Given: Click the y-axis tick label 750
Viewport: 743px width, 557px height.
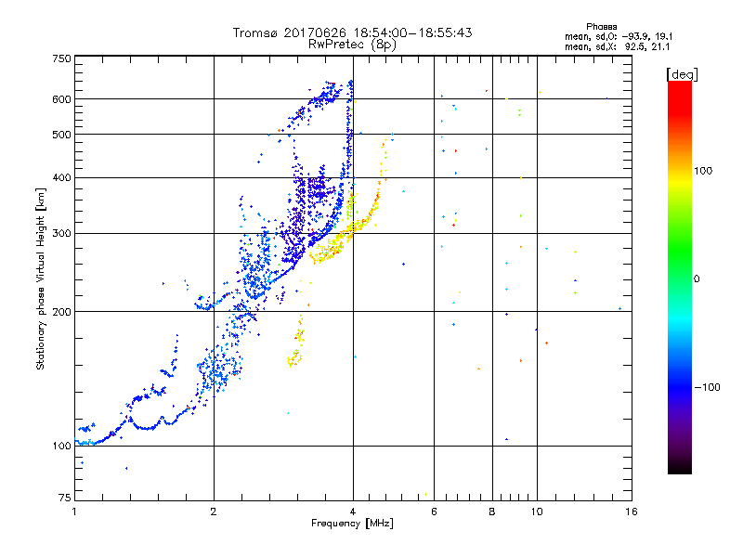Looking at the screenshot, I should tap(61, 58).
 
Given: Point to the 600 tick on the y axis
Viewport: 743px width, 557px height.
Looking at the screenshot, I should tap(61, 99).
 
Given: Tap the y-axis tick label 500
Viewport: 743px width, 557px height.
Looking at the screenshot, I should tap(61, 135).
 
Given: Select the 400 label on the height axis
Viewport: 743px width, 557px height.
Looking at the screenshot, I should tap(61, 177).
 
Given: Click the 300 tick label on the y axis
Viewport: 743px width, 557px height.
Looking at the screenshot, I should tap(61, 233).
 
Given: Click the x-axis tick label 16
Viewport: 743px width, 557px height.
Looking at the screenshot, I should tap(631, 512).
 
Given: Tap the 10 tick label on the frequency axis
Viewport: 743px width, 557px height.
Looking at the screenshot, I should tap(536, 512).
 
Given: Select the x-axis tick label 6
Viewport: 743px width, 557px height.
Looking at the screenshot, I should tap(434, 512).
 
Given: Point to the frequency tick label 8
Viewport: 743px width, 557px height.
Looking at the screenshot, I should tap(492, 512).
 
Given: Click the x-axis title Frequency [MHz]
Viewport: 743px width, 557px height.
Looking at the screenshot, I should tap(352, 525).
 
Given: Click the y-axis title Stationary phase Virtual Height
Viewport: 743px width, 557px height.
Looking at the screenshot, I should tap(41, 278).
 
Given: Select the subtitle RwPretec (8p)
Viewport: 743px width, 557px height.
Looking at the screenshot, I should tap(353, 44).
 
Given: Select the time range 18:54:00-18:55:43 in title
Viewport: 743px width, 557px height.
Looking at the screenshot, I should tap(408, 32).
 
